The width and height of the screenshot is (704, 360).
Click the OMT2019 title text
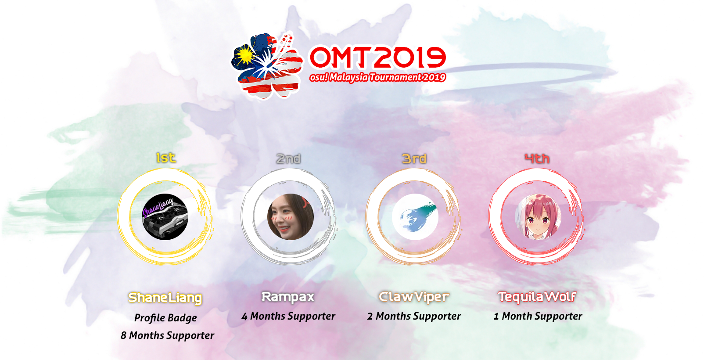click(x=378, y=57)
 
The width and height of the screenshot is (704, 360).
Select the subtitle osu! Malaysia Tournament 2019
click(x=377, y=77)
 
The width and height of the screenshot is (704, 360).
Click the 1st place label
click(x=166, y=158)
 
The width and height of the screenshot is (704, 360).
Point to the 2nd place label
click(x=288, y=159)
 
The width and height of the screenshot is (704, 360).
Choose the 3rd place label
click(x=414, y=159)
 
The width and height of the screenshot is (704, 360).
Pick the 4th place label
click(x=537, y=159)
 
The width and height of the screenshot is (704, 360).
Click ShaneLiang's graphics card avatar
click(x=165, y=217)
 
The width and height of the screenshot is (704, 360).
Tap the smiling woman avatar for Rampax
click(x=291, y=217)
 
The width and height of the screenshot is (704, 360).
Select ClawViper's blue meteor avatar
click(x=415, y=217)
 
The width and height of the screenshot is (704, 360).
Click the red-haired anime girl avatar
click(x=538, y=217)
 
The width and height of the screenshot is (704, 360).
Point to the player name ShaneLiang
click(x=165, y=298)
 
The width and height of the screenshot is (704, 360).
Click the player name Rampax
click(x=288, y=297)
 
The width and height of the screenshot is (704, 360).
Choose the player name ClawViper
click(x=414, y=297)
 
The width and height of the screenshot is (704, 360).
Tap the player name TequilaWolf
click(x=537, y=297)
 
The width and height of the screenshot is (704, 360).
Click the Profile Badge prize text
click(x=165, y=317)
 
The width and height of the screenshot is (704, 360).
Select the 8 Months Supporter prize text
click(x=167, y=335)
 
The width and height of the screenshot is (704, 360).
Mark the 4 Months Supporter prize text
click(x=288, y=316)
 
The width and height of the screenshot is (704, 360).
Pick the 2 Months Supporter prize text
click(x=414, y=316)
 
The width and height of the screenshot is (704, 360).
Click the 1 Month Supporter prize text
click(x=538, y=316)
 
